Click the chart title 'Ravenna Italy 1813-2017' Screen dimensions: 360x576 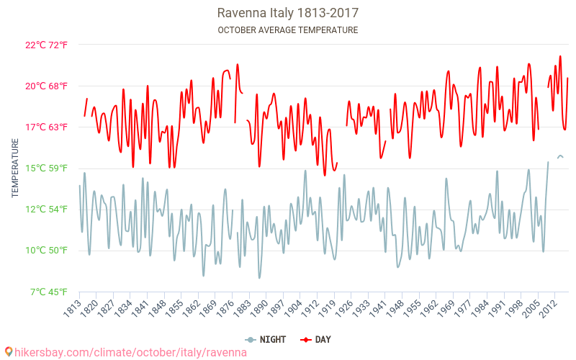(x=287, y=13)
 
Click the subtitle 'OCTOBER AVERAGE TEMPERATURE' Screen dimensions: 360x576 (x=287, y=30)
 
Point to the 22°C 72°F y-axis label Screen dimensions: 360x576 (x=46, y=45)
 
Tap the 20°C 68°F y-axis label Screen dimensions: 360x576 (x=46, y=86)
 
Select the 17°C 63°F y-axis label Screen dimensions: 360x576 (x=46, y=127)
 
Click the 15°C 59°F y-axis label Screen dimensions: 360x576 (x=46, y=168)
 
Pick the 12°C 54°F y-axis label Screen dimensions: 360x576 (x=46, y=210)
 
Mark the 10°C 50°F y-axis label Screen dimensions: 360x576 (x=46, y=251)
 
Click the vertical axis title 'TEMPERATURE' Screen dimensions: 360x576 (x=15, y=168)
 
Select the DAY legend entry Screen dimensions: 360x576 (x=316, y=339)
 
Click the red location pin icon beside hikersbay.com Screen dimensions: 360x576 (x=8, y=352)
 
